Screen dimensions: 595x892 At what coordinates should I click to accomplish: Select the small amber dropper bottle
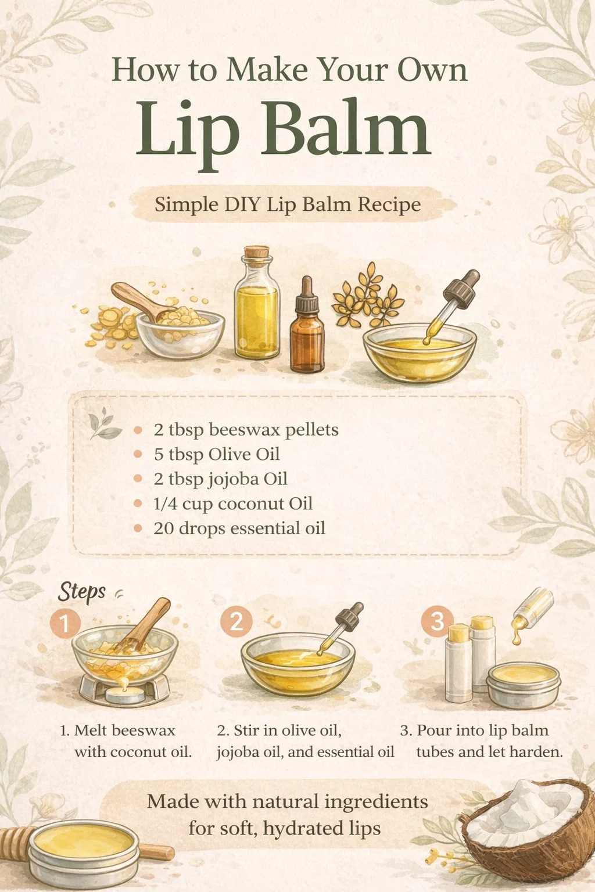click(x=307, y=326)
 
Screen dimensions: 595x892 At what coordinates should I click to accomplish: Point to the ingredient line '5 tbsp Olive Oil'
click(x=217, y=455)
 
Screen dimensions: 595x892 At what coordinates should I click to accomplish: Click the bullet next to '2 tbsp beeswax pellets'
click(x=138, y=430)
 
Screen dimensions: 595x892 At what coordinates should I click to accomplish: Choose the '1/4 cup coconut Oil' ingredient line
click(x=233, y=503)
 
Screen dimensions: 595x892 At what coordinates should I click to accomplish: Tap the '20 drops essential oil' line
click(x=239, y=528)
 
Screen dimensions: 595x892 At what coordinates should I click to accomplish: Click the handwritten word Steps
click(x=82, y=592)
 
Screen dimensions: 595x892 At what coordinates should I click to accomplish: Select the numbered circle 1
click(x=65, y=623)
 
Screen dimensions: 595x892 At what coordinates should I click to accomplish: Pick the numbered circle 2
click(x=236, y=621)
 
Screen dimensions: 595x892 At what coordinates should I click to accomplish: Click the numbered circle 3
click(x=437, y=621)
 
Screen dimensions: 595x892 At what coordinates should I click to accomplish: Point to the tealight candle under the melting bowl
click(x=125, y=695)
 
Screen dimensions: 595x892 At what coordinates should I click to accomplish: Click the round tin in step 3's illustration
click(x=524, y=685)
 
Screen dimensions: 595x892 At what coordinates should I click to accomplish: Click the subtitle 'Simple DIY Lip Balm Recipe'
click(x=288, y=204)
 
